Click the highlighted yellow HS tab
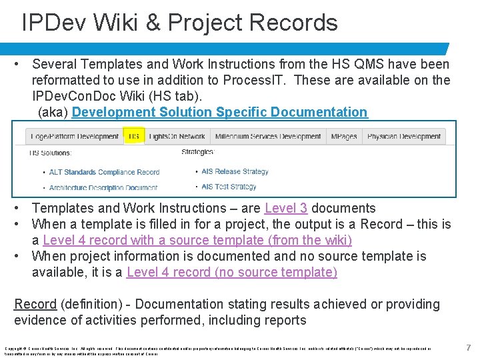(x=134, y=137)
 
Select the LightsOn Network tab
(x=177, y=137)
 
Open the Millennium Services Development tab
(x=268, y=137)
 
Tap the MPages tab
(x=345, y=137)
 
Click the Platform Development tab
(x=75, y=137)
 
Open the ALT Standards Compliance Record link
(x=104, y=172)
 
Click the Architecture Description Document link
(x=103, y=188)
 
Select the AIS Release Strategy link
(x=235, y=171)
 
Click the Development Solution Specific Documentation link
(x=219, y=112)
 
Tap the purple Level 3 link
(x=285, y=208)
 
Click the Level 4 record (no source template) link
(x=231, y=272)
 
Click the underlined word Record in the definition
(x=35, y=304)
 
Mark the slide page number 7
(x=469, y=347)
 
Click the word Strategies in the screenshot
(x=197, y=152)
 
